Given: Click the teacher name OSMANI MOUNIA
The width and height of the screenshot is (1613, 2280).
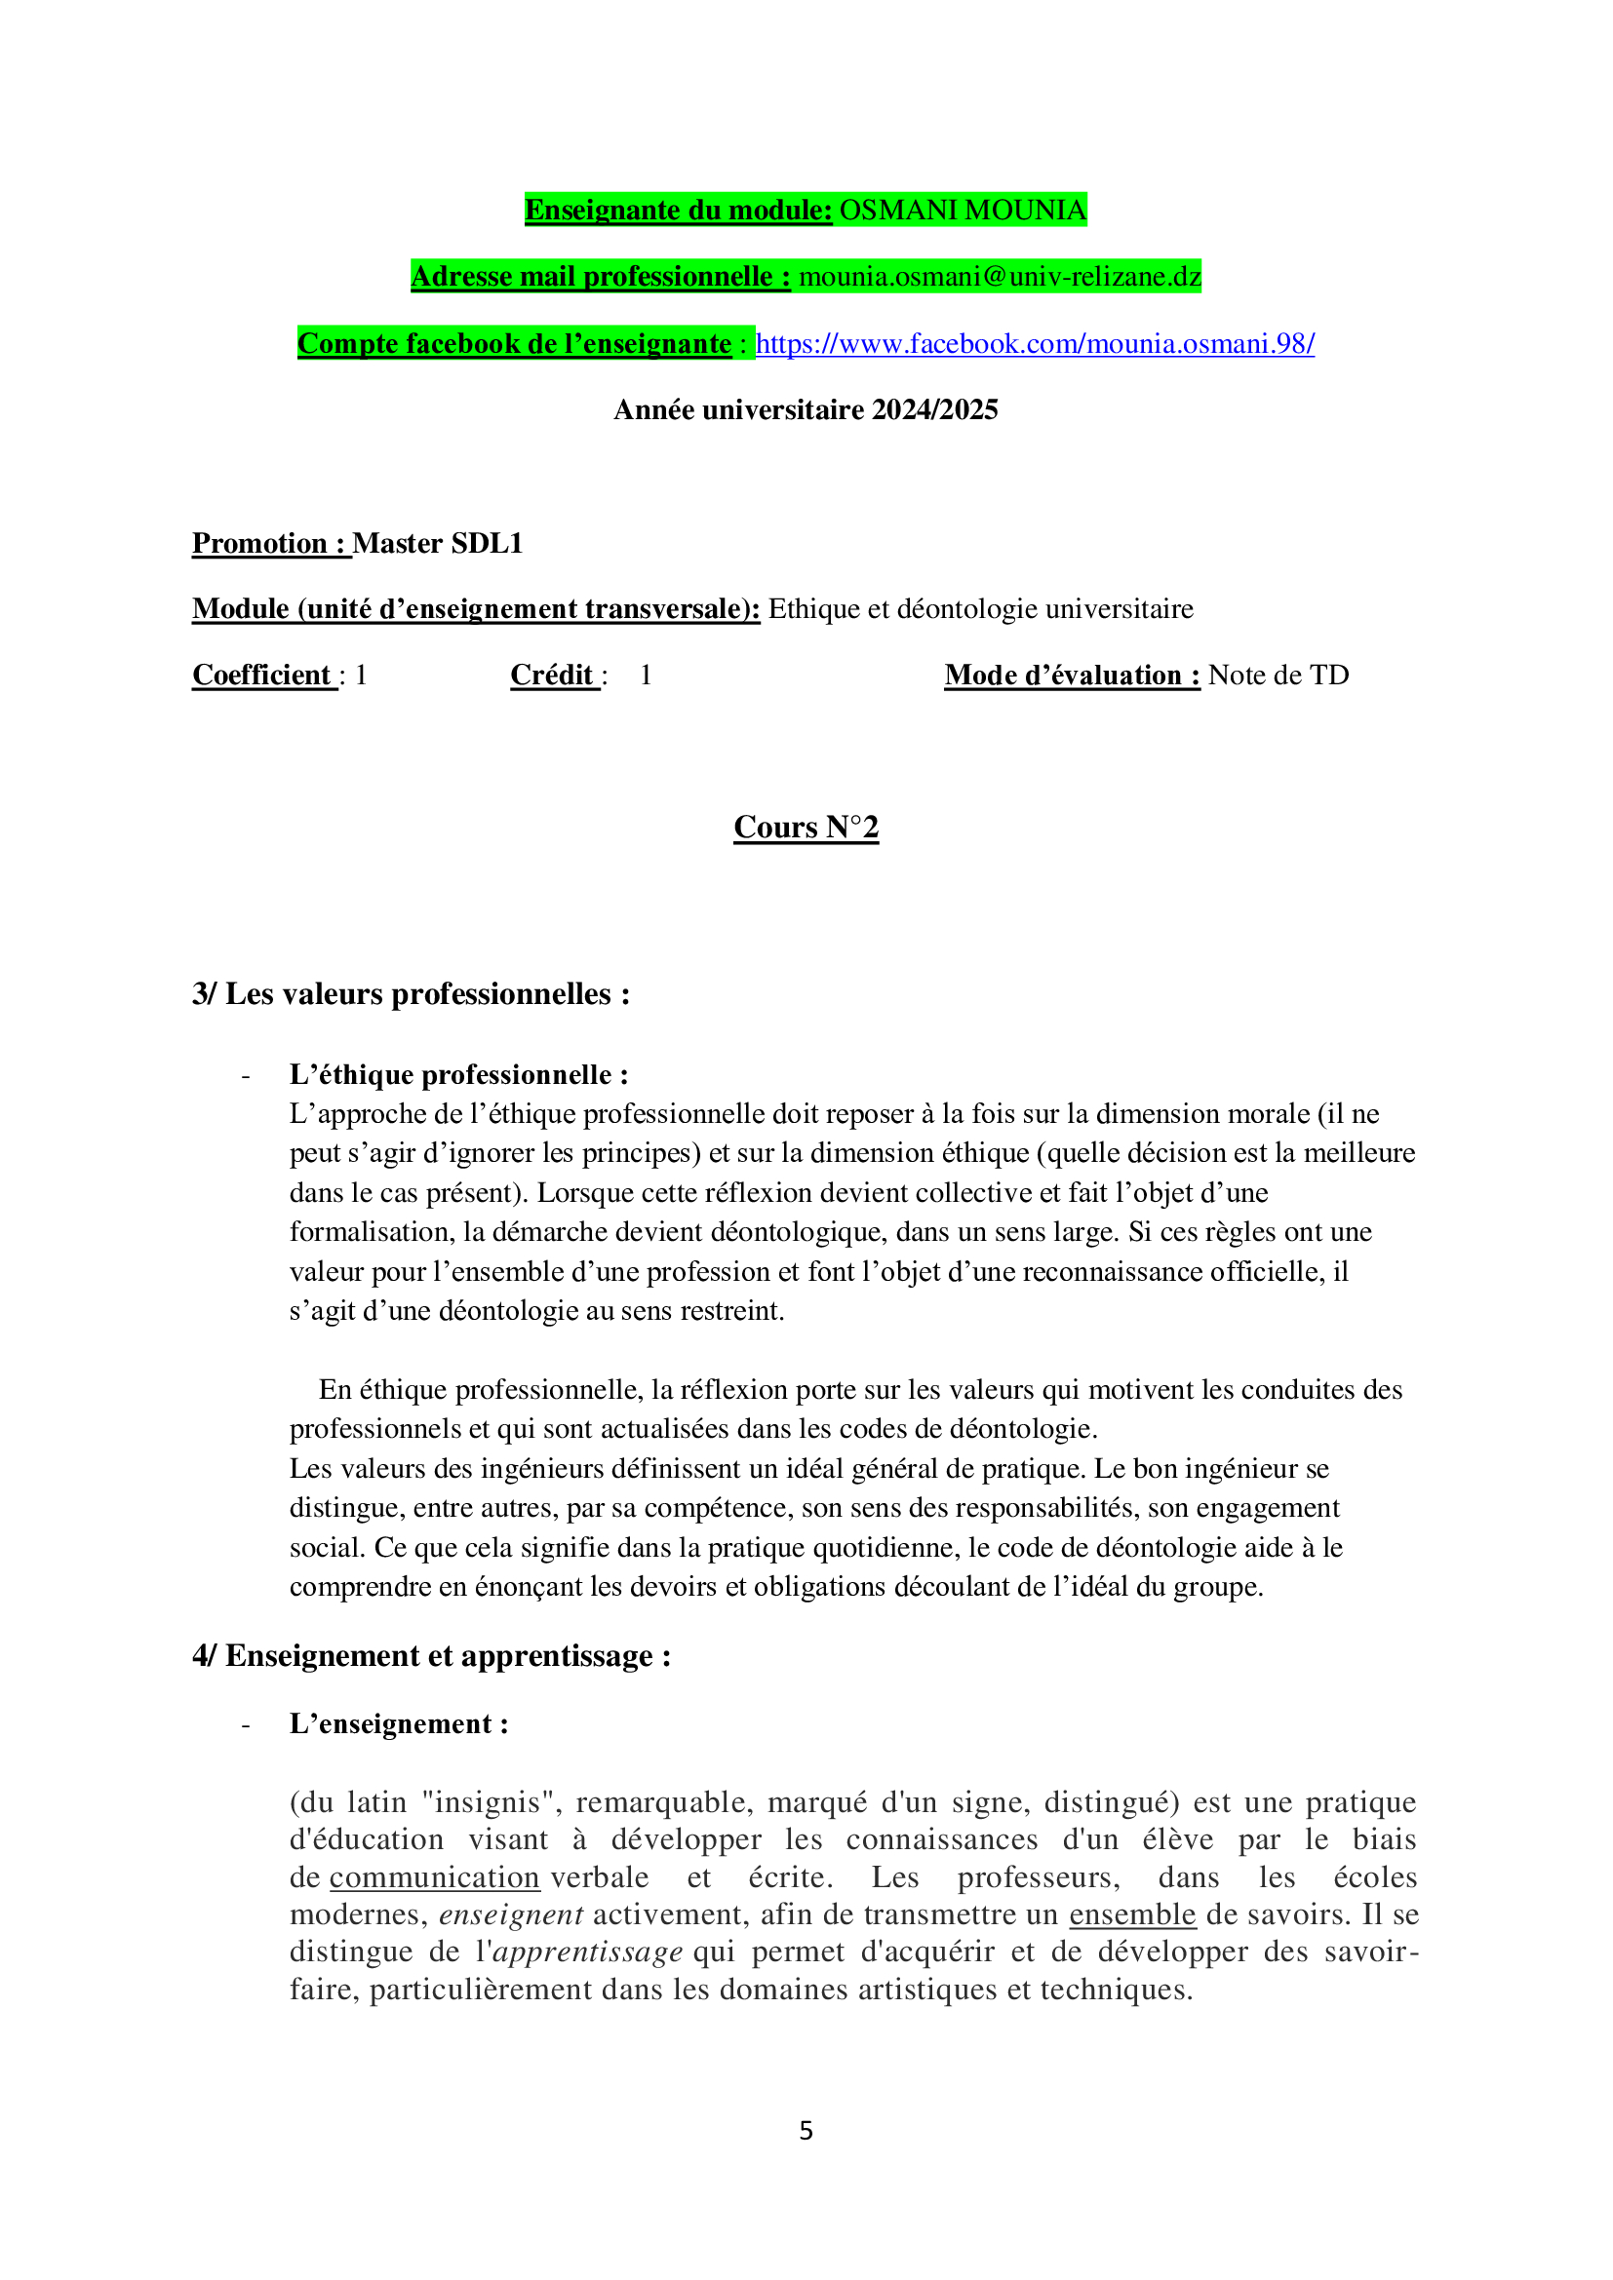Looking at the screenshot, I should [x=963, y=211].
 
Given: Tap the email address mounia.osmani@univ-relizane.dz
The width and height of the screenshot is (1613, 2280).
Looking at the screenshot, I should [x=1000, y=276].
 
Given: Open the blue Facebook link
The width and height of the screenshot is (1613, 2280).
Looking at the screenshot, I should [x=1035, y=343].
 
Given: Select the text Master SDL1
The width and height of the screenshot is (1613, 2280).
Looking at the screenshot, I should [x=437, y=543].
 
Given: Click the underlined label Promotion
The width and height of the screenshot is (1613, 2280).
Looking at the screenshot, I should [x=260, y=543].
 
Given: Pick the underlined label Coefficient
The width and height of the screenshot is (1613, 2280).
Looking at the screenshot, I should [x=262, y=676].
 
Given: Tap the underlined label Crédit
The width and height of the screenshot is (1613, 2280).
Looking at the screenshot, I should [x=552, y=676].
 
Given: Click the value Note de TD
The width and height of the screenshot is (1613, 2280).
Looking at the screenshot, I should [x=1279, y=676].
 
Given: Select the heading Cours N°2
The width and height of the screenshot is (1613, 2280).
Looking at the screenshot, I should [x=806, y=828].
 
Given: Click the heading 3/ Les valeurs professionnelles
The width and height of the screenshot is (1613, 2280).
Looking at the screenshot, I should [x=412, y=994].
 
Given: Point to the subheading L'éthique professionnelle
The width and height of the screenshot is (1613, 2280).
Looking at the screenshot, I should [x=458, y=1074].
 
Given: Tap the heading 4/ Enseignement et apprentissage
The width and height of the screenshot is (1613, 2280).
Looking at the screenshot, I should [x=431, y=1655].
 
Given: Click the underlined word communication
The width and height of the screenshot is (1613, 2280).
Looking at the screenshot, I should [x=434, y=1877].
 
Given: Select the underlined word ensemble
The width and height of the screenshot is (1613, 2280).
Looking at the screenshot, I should [x=1131, y=1914].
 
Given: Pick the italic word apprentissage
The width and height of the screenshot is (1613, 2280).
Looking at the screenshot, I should [x=588, y=1952].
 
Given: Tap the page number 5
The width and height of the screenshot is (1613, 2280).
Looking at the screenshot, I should [x=806, y=2130].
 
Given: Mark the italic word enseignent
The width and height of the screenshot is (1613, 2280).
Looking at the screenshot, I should [x=510, y=1914].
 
